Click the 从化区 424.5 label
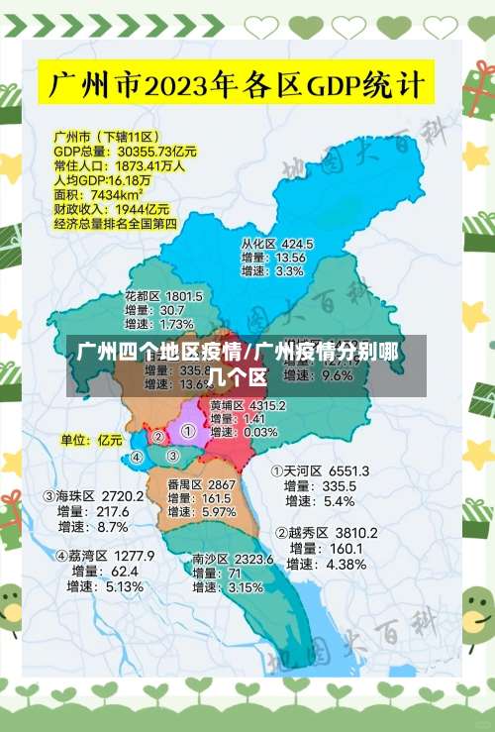[x=277, y=243]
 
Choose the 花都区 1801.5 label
[x=163, y=295]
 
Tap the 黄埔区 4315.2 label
[x=247, y=405]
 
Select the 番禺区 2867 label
[x=201, y=484]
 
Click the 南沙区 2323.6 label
[x=233, y=560]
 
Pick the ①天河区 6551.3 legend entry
[x=321, y=471]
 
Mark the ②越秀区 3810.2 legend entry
[x=327, y=533]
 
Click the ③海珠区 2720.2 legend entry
[x=94, y=495]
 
